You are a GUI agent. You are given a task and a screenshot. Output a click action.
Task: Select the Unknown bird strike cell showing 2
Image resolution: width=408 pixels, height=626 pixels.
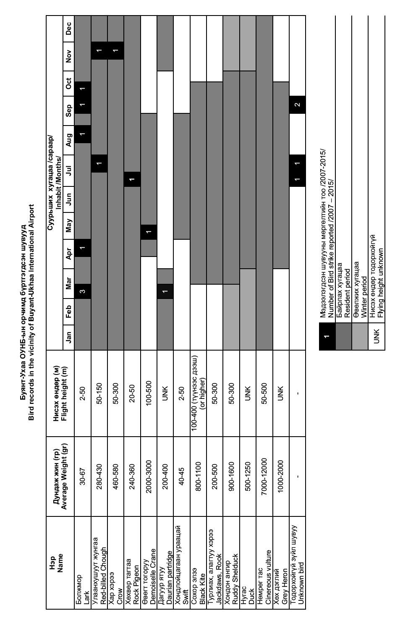click(297, 105)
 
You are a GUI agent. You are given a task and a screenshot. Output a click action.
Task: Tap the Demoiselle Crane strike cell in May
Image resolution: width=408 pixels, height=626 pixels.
click(148, 232)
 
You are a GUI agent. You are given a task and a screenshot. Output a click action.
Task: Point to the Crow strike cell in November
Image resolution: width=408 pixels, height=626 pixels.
click(115, 50)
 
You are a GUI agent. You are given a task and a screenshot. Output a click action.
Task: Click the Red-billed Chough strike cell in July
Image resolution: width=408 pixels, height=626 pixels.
click(99, 163)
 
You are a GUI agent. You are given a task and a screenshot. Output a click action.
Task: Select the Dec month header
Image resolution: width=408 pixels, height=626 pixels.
click(68, 28)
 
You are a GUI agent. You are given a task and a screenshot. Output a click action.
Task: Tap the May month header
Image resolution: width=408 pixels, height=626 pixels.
click(68, 225)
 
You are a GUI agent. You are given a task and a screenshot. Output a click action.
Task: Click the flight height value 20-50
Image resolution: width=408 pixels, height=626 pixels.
click(132, 393)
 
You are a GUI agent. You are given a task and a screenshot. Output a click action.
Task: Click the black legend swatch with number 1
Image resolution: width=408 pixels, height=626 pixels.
click(327, 336)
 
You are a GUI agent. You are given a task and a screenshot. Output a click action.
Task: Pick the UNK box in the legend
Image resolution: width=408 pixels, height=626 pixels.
click(377, 336)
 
